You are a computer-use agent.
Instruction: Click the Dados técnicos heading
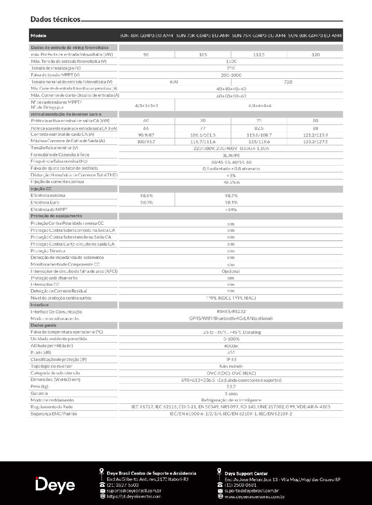pyautogui.click(x=55, y=19)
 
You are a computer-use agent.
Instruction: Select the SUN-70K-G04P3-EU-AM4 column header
pyautogui.click(x=203, y=36)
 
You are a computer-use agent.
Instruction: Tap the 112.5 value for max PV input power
pyautogui.click(x=259, y=55)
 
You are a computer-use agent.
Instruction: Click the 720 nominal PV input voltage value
pyautogui.click(x=288, y=82)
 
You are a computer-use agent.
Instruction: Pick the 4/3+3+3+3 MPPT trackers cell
pyautogui.click(x=147, y=106)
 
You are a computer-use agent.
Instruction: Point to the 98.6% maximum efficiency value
pyautogui.click(x=147, y=196)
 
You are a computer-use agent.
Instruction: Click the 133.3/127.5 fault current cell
pyautogui.click(x=315, y=142)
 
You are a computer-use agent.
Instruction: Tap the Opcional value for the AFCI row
pyautogui.click(x=231, y=271)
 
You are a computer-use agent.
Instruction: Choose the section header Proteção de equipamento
pyautogui.click(x=56, y=216)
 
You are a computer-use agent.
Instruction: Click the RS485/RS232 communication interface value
pyautogui.click(x=231, y=311)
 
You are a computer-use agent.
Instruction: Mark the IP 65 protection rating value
pyautogui.click(x=231, y=359)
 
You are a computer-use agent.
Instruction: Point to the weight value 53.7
pyautogui.click(x=231, y=387)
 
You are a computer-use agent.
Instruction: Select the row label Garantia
pyautogui.click(x=39, y=393)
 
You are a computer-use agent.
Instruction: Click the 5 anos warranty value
pyautogui.click(x=231, y=393)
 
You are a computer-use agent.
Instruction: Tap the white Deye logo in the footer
pyautogui.click(x=55, y=485)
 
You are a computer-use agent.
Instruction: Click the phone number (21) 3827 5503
pyautogui.click(x=122, y=485)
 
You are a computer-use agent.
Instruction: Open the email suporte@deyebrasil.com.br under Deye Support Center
pyautogui.click(x=251, y=491)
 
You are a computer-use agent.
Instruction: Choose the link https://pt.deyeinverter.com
pyautogui.click(x=134, y=496)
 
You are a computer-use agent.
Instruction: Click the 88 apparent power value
pyautogui.click(x=315, y=128)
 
